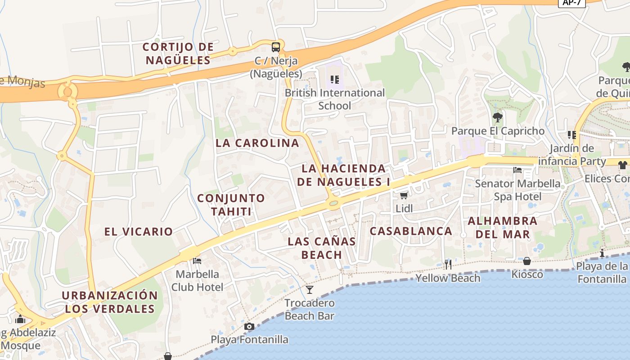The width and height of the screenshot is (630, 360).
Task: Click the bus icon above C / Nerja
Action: point(275,47)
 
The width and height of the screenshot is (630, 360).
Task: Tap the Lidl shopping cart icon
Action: point(404,195)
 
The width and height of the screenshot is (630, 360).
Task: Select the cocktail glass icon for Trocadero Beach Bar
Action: point(310,289)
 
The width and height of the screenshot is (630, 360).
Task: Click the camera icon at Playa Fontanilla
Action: point(249,326)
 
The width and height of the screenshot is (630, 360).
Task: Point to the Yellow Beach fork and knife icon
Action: point(448,264)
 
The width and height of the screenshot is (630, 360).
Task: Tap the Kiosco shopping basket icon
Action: point(526,261)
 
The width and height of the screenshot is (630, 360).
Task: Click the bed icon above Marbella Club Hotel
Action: point(197,261)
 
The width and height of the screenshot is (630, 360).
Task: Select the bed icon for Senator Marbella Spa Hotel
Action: point(517,170)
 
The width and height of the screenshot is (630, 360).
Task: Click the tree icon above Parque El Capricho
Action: point(498,117)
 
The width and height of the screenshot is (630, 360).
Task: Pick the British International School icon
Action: point(334,80)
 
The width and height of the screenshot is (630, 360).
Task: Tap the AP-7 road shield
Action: point(571,3)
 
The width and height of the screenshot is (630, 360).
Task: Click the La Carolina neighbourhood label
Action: point(257,143)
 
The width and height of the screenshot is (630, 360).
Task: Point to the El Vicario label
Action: point(139,232)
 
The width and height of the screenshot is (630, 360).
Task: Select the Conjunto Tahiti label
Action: point(231,205)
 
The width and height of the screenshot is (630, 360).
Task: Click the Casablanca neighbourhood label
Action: point(411,231)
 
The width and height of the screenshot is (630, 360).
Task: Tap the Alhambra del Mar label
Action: point(503,228)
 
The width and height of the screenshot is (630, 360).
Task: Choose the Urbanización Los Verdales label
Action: point(110,302)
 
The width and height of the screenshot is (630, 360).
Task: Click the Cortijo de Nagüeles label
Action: point(178,53)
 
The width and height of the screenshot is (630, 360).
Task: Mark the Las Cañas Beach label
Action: point(322,248)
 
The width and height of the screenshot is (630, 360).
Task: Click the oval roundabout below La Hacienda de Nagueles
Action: point(333,203)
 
